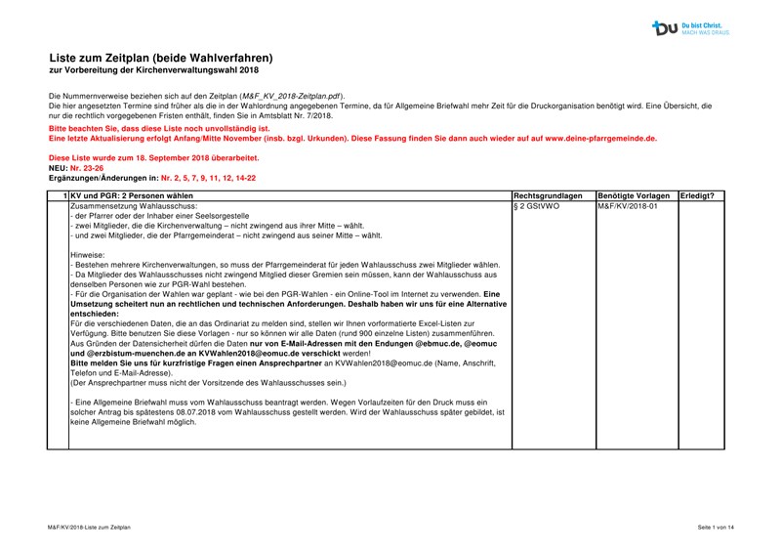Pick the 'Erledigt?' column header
[697, 196]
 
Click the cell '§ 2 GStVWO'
[536, 207]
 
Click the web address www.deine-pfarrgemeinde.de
[600, 139]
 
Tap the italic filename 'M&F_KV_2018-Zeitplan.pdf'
[293, 96]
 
